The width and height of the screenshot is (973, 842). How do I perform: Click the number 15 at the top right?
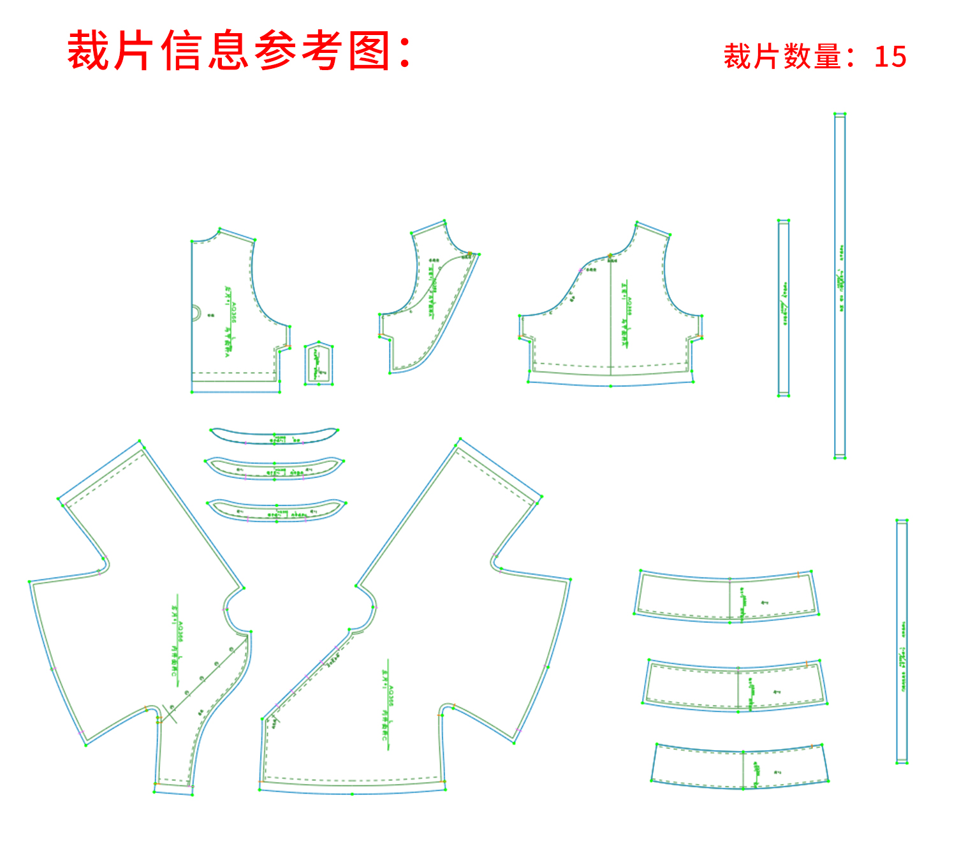point(890,57)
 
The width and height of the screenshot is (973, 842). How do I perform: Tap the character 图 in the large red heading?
point(370,51)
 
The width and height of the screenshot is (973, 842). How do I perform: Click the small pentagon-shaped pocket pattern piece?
point(318,365)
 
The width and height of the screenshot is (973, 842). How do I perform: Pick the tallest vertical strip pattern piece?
point(840,286)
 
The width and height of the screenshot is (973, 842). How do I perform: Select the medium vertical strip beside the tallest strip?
point(784,308)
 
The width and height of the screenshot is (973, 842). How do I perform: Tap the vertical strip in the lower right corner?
point(902,641)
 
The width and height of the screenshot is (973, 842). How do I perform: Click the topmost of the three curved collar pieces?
point(274,436)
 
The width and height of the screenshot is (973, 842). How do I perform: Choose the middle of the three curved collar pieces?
point(274,468)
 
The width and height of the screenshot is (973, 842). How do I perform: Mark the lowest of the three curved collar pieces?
point(276,511)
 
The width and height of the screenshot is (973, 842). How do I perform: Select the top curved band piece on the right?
point(727,597)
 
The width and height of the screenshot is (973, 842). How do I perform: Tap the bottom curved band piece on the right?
point(740,766)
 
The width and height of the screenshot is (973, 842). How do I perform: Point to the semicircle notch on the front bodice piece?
point(196,312)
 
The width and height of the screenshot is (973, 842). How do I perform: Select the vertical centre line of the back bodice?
point(610,319)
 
